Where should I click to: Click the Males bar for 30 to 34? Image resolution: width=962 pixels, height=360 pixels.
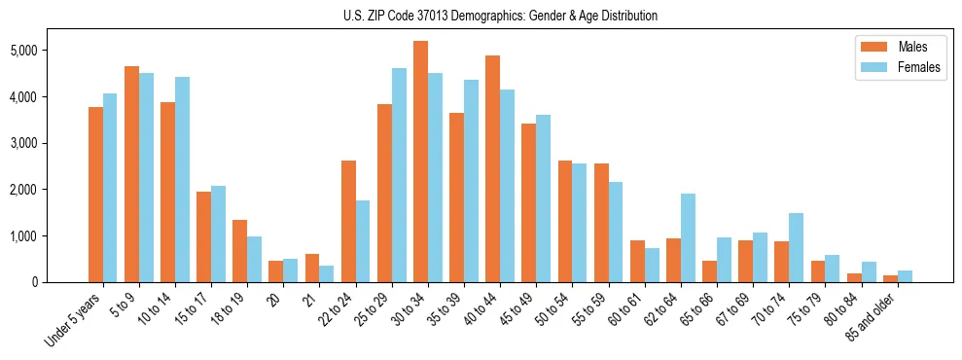click(x=420, y=162)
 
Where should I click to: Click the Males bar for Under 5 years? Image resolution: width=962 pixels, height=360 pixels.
click(x=95, y=195)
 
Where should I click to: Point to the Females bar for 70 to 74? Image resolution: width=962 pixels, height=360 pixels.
click(x=796, y=247)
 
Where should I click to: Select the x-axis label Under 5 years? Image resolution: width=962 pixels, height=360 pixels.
click(x=73, y=320)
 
